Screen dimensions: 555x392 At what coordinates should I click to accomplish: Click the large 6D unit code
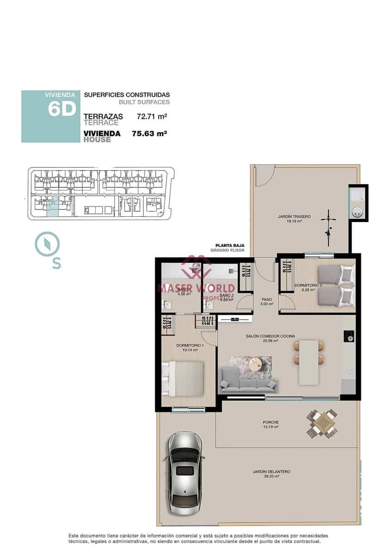point(61,109)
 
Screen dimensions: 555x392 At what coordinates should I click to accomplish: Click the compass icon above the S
point(47,244)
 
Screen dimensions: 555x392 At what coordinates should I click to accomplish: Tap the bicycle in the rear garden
point(329,228)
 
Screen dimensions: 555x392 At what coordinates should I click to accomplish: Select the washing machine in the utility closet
point(357,212)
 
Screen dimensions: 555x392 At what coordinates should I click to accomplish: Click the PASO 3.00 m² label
point(267,302)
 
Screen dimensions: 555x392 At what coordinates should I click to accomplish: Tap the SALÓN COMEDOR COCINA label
point(270,338)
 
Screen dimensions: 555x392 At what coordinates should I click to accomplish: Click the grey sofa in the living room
point(248,381)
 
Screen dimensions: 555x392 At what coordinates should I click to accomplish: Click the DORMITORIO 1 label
point(190,347)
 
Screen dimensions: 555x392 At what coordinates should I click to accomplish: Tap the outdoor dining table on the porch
point(322,423)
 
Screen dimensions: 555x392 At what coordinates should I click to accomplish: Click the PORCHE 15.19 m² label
point(270,424)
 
